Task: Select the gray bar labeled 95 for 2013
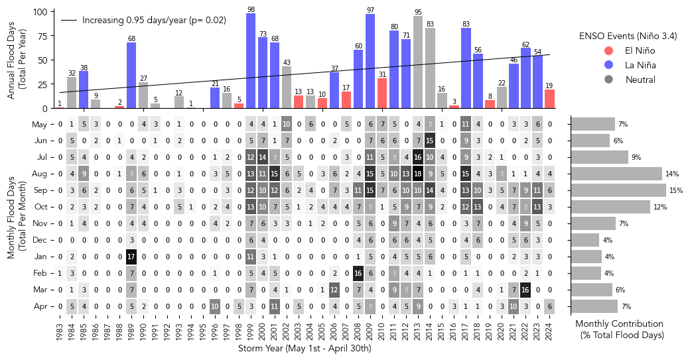[418, 62]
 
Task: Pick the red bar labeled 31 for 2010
[382, 93]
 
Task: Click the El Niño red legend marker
[608, 50]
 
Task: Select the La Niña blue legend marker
[608, 65]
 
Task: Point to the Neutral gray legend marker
[608, 80]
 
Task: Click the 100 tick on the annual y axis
[39, 12]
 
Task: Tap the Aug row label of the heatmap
[39, 174]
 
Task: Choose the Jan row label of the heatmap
[40, 257]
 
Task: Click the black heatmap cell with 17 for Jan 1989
[131, 257]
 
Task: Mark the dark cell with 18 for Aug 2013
[418, 174]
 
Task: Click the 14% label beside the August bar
[672, 174]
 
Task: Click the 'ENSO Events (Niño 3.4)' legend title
[628, 36]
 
